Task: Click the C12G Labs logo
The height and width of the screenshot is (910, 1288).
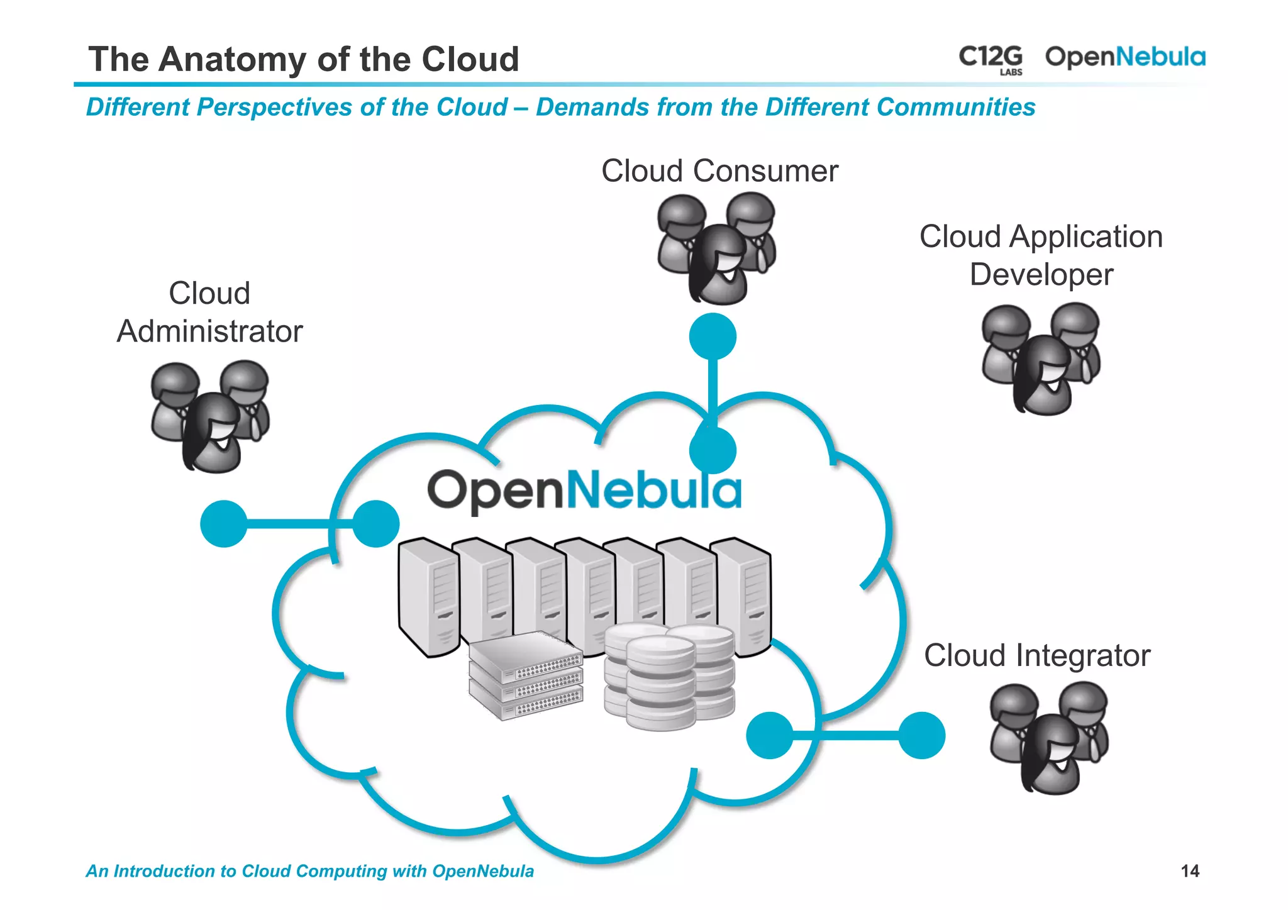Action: tap(991, 59)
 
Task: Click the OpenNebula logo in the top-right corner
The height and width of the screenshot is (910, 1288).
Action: tap(1125, 57)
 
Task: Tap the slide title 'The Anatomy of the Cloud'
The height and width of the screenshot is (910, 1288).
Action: tap(304, 59)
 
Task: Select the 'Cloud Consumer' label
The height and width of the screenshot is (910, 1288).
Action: tap(719, 171)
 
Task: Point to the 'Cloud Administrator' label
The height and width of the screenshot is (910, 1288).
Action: tap(209, 313)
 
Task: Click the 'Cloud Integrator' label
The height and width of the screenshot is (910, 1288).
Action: tap(1036, 655)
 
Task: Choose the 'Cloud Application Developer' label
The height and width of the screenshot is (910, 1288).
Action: tap(1041, 255)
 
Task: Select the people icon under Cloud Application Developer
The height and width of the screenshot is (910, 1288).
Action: tap(1041, 359)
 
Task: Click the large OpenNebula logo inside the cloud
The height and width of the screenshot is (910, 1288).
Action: tap(584, 491)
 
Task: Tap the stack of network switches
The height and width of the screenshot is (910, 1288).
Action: tap(526, 676)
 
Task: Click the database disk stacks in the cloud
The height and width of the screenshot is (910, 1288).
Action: tap(669, 676)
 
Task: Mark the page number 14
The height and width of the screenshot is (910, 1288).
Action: tap(1189, 871)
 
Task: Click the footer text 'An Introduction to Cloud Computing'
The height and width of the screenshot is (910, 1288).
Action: tap(309, 871)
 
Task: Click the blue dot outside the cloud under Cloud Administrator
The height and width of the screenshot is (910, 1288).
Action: tap(224, 523)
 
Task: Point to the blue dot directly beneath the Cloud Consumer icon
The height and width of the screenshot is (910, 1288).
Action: tap(713, 336)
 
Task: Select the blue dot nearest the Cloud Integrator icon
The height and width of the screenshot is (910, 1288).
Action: tap(921, 735)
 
